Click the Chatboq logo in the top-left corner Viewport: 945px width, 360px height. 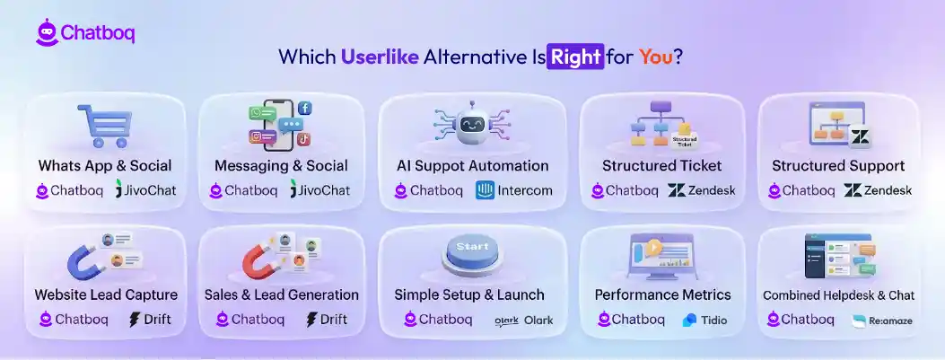point(85,32)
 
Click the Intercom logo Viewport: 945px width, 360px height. point(513,190)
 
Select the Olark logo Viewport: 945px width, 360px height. point(523,320)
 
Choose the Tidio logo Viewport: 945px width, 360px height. point(704,320)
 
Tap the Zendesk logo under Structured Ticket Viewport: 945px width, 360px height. point(702,190)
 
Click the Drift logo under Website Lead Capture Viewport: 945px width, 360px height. point(150,320)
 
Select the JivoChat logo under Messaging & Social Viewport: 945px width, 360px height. point(320,190)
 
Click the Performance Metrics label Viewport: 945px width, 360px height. point(662,294)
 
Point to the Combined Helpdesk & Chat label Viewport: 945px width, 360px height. point(838,294)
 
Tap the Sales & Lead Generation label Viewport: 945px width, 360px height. point(282,294)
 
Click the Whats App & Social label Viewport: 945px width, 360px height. point(105,165)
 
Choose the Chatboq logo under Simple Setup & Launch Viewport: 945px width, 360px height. point(437,320)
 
